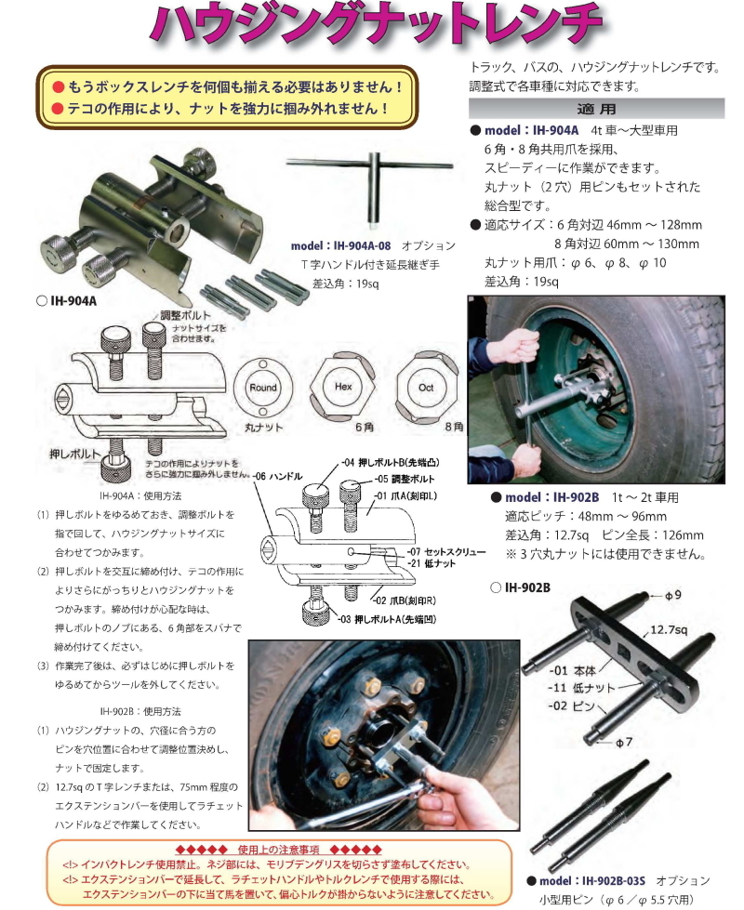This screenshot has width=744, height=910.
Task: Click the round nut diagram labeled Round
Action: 263,388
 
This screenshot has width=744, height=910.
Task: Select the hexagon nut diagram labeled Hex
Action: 342,387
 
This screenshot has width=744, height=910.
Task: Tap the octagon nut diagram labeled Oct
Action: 426,387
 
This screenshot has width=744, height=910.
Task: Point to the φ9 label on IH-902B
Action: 673,596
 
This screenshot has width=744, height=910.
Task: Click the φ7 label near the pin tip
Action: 624,742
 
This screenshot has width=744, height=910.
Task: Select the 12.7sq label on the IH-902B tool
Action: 669,629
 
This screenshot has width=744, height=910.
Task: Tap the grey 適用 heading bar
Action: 596,109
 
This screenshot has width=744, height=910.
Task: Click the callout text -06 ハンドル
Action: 278,477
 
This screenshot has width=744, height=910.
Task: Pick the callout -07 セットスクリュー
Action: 446,551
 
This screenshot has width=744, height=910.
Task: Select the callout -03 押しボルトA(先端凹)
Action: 387,619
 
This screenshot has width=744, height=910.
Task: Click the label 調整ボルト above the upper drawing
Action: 186,315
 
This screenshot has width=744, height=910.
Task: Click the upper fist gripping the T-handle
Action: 522,345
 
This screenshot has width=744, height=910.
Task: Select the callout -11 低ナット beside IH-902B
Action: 581,688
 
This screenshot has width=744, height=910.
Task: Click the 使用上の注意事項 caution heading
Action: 278,850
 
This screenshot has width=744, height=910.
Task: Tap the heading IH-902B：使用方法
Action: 140,711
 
